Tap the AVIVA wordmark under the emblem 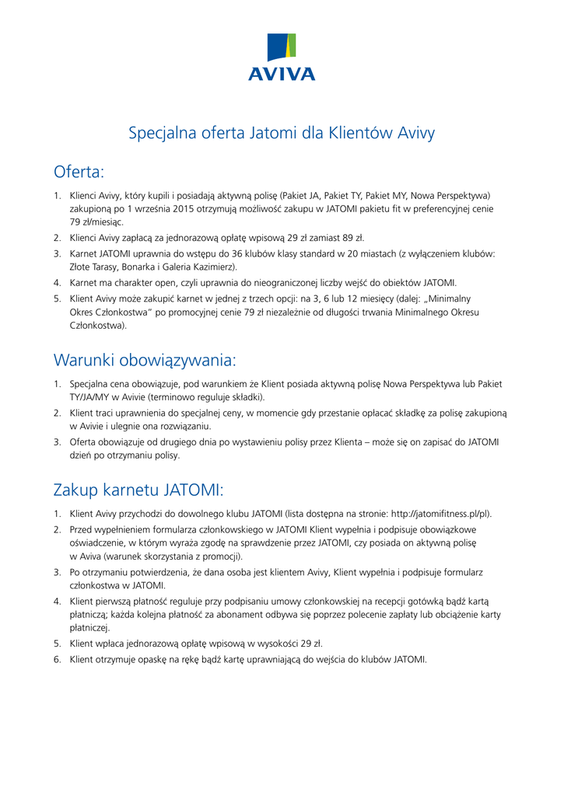tap(282, 75)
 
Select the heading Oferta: tap(79, 171)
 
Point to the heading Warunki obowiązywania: tap(144, 361)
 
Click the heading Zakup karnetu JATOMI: tap(138, 491)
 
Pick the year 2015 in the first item tap(180, 208)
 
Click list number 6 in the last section tap(58, 659)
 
